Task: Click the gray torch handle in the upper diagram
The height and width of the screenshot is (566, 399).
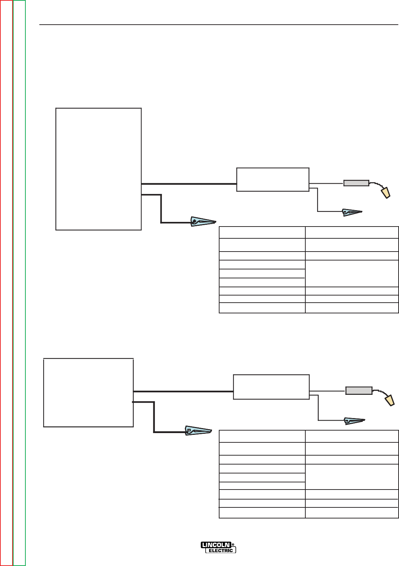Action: click(x=356, y=183)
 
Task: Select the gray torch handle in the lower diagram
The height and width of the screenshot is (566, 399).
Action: click(x=359, y=391)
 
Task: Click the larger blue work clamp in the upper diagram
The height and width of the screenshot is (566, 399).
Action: click(x=203, y=222)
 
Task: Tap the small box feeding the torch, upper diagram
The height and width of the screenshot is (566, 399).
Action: click(x=273, y=179)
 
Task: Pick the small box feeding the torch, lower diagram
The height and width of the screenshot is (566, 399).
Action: click(x=271, y=387)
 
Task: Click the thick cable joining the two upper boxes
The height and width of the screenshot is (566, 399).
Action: click(x=189, y=184)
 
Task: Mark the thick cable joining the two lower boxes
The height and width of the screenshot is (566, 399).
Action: click(x=183, y=391)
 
